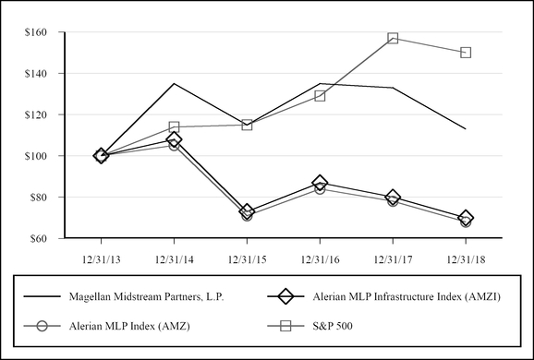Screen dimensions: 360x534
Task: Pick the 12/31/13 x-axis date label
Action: pos(101,258)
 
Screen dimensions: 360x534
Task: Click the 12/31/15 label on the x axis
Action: pos(247,258)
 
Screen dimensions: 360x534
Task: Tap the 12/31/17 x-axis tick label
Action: pos(393,258)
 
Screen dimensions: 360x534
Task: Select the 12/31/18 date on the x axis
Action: pos(466,258)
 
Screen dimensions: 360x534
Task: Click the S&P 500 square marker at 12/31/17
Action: pos(393,39)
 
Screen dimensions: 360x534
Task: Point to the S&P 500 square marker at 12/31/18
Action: pos(466,53)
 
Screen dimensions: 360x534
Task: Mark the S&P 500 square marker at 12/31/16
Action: pos(320,96)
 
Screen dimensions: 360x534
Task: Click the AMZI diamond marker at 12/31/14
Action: pos(174,139)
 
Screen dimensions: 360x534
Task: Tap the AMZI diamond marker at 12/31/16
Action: pos(320,183)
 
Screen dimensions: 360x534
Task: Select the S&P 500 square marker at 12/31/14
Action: pos(174,126)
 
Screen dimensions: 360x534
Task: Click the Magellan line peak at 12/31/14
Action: pos(174,83)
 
